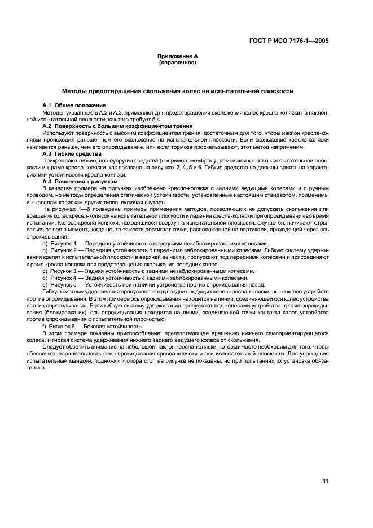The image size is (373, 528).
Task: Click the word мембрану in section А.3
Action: pos(199,160)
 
